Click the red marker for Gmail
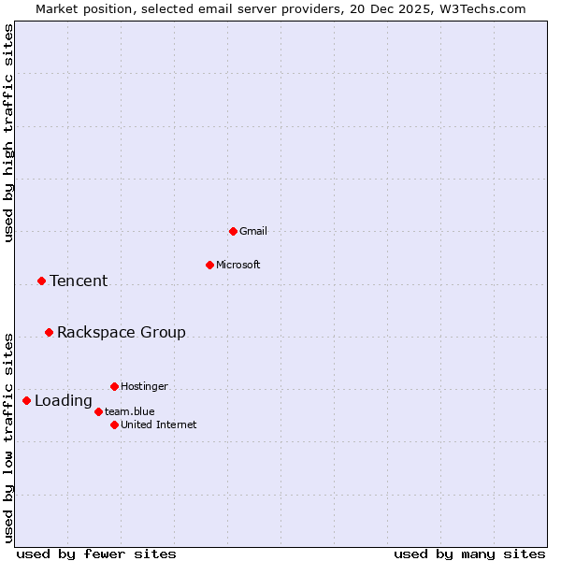tap(233, 231)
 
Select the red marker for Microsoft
tap(209, 265)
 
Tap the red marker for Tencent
tap(41, 280)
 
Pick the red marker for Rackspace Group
tap(49, 332)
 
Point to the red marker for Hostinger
tap(114, 386)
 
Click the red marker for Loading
tap(26, 400)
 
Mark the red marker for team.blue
tap(98, 411)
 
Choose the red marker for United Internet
tap(114, 424)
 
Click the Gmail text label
tap(253, 231)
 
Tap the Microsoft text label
tap(238, 265)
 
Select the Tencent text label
tap(79, 280)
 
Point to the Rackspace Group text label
tap(122, 332)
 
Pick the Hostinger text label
tap(145, 386)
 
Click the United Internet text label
tap(159, 424)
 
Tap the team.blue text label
tap(130, 411)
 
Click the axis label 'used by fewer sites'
tap(96, 554)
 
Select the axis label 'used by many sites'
tap(469, 554)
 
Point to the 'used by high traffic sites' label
tap(9, 133)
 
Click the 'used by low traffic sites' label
tap(9, 437)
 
